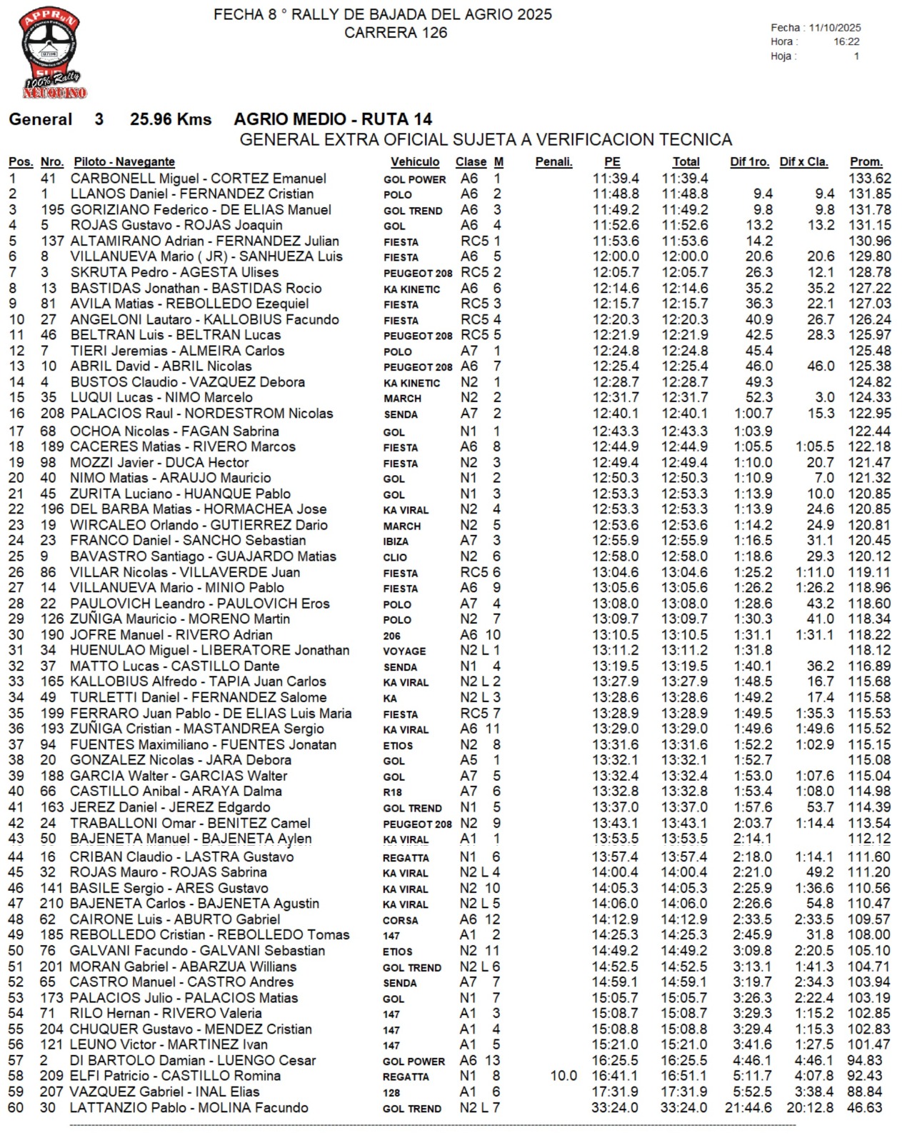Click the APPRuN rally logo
point(51,53)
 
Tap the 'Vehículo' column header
point(414,162)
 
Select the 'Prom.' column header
point(866,162)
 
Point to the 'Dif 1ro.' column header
point(748,162)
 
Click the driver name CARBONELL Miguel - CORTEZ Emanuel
point(198,179)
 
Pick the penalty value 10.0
point(563,1076)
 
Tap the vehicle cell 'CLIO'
point(395,557)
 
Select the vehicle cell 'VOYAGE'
point(404,652)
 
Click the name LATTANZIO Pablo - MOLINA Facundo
point(189,1108)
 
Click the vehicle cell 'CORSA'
point(400,920)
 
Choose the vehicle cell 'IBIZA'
point(396,541)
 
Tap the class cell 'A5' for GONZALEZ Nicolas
point(468,760)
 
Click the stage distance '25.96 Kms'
point(170,119)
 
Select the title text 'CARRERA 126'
point(396,33)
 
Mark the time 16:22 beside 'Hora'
point(846,42)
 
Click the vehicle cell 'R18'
point(392,792)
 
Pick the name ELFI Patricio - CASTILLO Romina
point(175,1076)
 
